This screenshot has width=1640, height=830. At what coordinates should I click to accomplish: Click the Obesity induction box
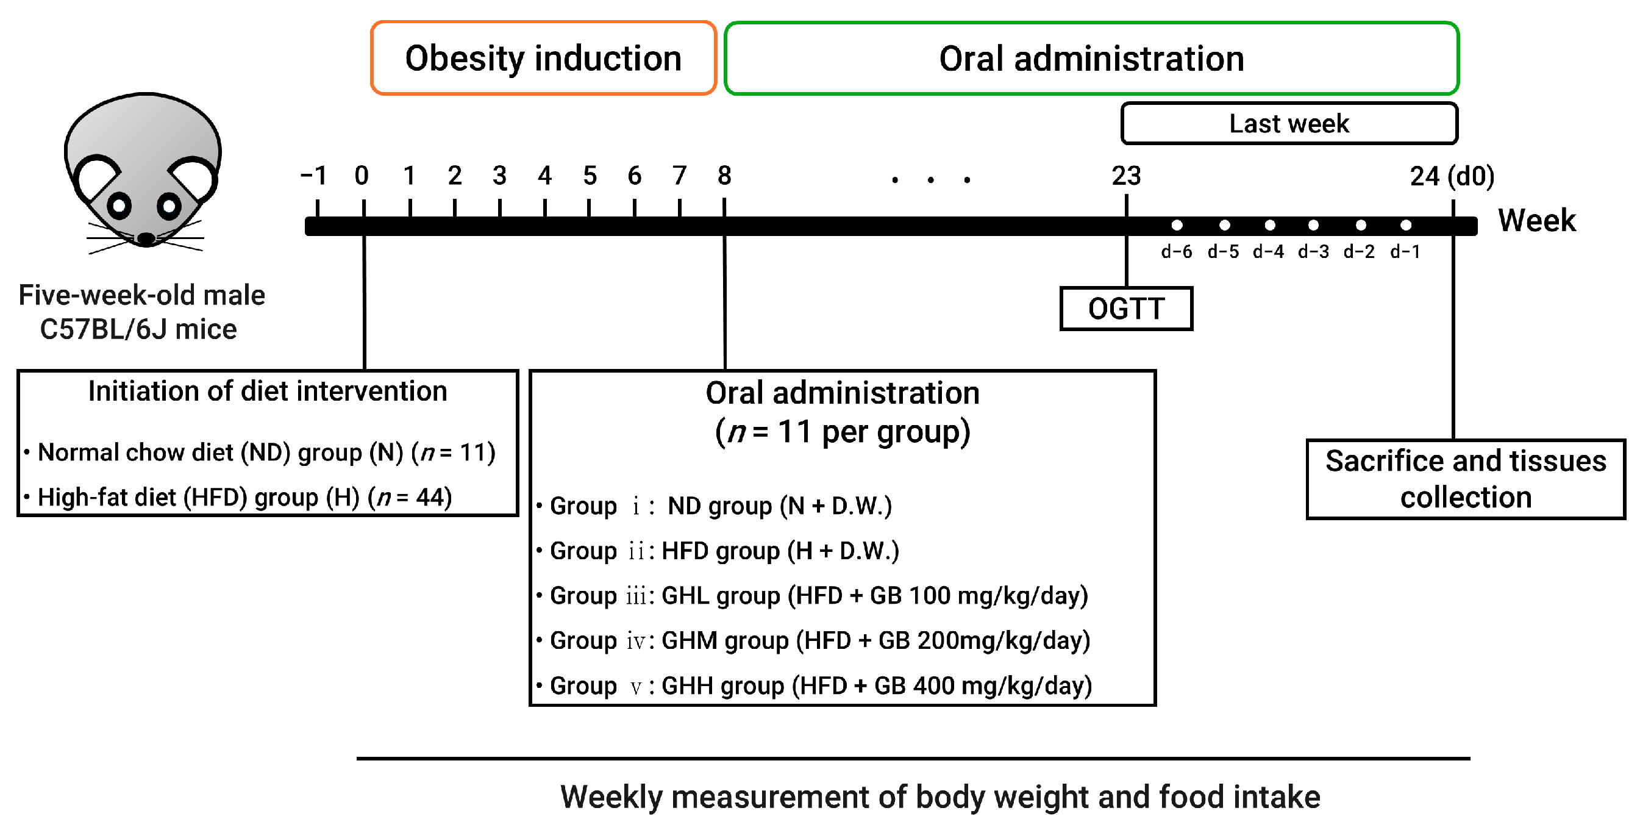[x=543, y=58]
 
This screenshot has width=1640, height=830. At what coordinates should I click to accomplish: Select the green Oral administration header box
[x=1091, y=58]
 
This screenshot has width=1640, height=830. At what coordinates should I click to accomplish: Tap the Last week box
[x=1289, y=124]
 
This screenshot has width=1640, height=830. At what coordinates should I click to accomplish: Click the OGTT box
[x=1125, y=309]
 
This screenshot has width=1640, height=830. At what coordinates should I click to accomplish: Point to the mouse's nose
[x=146, y=239]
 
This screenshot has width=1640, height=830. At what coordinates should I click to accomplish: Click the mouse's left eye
[x=119, y=205]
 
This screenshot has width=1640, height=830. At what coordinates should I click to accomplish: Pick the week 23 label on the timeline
[x=1125, y=176]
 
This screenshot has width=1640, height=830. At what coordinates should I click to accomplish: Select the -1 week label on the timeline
[x=314, y=176]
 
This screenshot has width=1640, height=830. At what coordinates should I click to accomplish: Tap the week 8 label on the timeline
[x=724, y=176]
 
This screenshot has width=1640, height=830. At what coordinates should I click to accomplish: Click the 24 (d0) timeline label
[x=1452, y=176]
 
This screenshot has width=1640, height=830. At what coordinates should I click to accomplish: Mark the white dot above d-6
[x=1177, y=225]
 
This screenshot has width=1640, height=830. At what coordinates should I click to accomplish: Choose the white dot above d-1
[x=1406, y=225]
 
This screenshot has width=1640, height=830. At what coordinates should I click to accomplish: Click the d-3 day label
[x=1313, y=252]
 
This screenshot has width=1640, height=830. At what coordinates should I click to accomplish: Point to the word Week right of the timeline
[x=1536, y=220]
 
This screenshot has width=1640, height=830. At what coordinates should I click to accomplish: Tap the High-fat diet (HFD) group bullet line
[x=244, y=497]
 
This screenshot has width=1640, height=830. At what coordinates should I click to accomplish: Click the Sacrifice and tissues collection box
[x=1465, y=479]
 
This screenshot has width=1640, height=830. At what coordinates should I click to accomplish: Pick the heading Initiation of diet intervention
[x=268, y=391]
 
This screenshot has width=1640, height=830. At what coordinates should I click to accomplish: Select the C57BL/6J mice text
[x=138, y=329]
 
